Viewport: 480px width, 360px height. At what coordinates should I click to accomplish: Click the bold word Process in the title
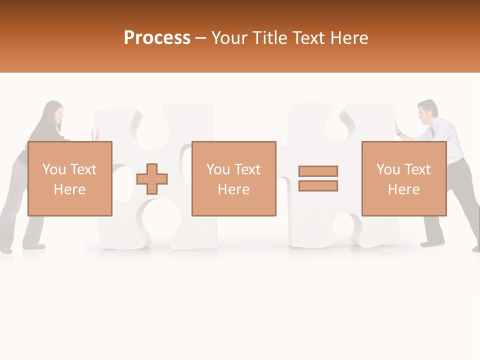click(x=157, y=38)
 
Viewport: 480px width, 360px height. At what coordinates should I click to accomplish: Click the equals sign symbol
click(x=318, y=178)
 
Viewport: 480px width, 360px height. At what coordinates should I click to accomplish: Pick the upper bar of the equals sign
click(x=318, y=171)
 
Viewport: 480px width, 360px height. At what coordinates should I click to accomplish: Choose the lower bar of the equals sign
click(x=318, y=186)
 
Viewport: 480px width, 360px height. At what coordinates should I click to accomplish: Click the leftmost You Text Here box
click(x=70, y=178)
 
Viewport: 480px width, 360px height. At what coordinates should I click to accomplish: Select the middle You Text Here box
click(x=233, y=178)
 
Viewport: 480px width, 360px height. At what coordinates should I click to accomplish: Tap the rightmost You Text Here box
click(x=404, y=178)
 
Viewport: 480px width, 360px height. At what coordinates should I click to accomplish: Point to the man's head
click(x=427, y=111)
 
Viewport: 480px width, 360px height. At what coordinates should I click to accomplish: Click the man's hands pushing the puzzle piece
click(x=397, y=127)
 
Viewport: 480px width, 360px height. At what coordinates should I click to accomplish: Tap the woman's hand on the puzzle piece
click(x=96, y=133)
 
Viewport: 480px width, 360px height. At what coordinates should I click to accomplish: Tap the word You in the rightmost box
click(x=388, y=169)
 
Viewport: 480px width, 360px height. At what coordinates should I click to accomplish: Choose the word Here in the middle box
click(x=233, y=189)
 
